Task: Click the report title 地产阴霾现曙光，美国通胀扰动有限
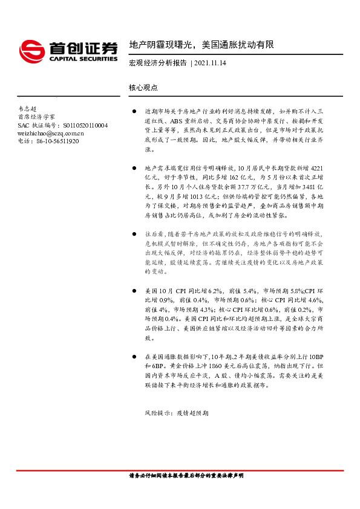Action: [201, 45]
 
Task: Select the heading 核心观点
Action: [143, 88]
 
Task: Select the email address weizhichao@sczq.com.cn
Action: [51, 133]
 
